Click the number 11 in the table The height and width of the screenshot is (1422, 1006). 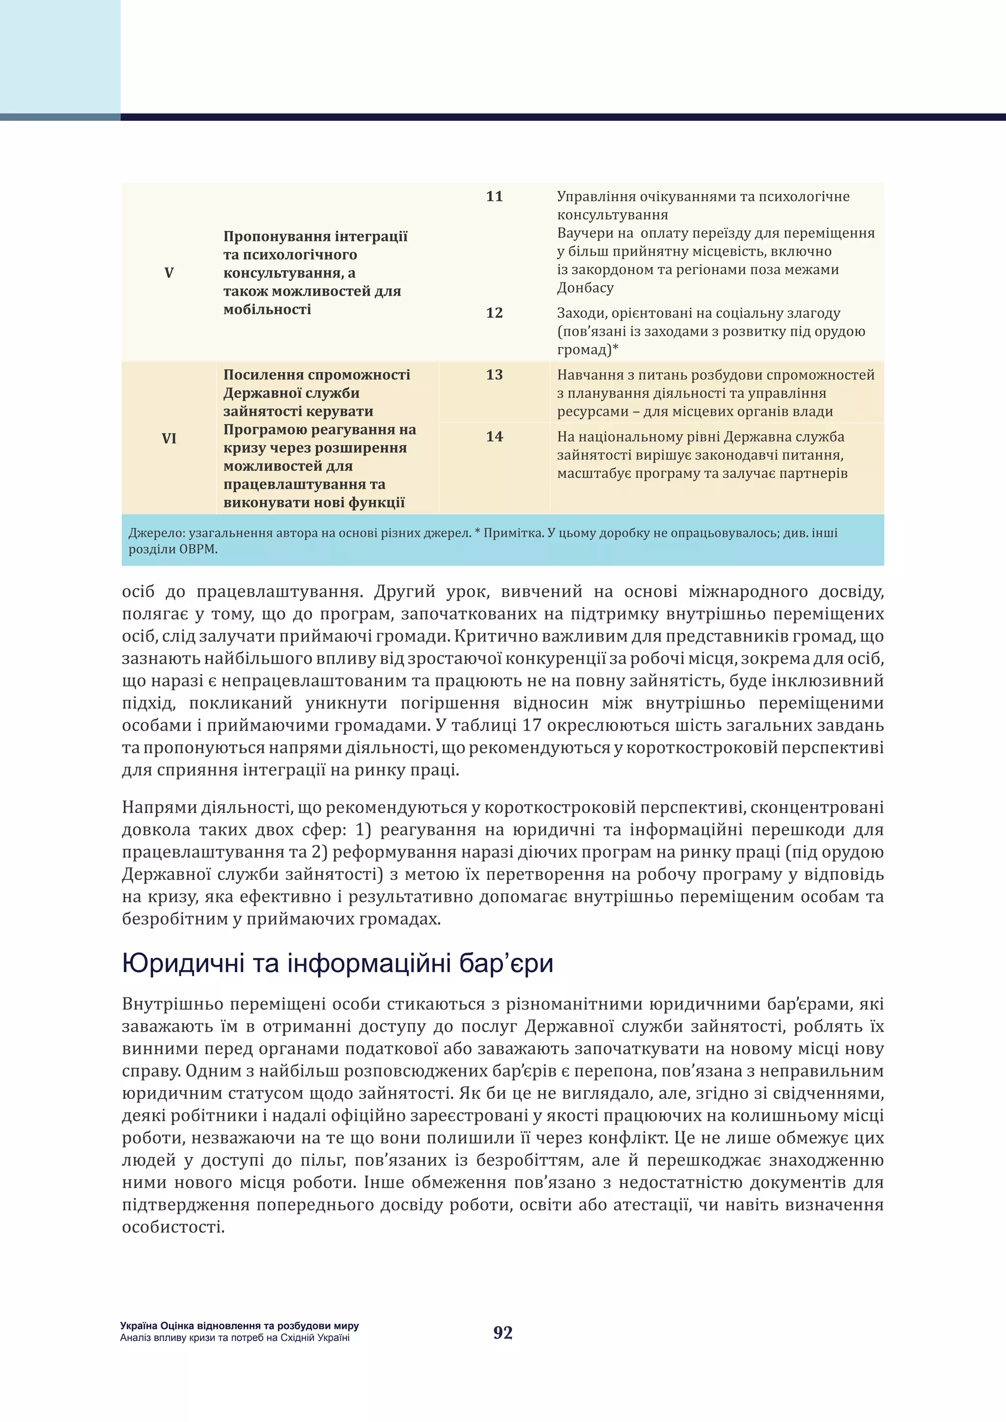(494, 196)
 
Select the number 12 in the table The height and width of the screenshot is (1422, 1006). (494, 313)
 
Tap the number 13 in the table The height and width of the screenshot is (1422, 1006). (494, 375)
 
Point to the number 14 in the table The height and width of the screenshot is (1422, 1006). (494, 437)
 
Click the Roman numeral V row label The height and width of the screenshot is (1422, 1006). (168, 273)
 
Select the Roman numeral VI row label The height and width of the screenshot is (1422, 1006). (168, 438)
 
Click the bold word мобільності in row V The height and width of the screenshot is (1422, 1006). (267, 310)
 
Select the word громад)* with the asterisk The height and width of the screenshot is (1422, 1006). (587, 350)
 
